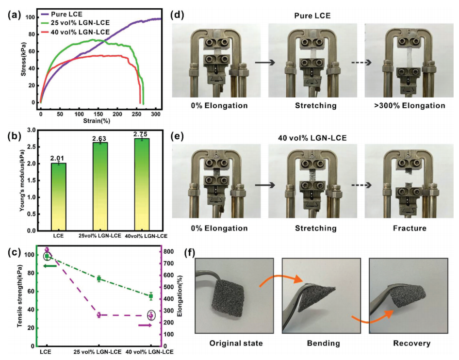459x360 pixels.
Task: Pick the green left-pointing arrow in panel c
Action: point(50,266)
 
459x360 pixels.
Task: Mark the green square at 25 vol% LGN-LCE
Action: point(98,278)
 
